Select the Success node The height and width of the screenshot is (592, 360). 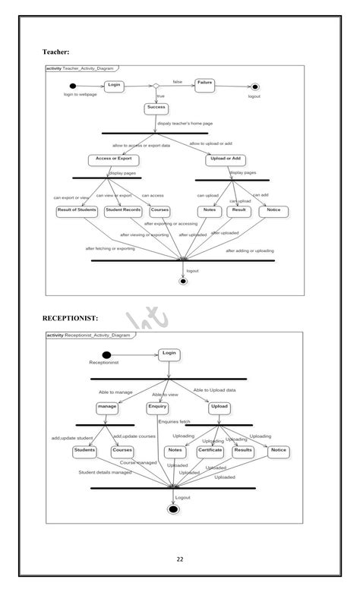click(x=156, y=108)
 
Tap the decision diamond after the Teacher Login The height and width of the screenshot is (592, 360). click(x=156, y=86)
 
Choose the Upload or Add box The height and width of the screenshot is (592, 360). click(x=226, y=159)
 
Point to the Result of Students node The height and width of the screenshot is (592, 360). click(x=77, y=210)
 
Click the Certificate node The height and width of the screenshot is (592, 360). click(x=210, y=450)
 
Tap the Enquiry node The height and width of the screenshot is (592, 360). click(x=157, y=407)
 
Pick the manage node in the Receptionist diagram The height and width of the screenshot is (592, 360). click(x=107, y=407)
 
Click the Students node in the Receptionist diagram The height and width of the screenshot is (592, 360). click(x=84, y=450)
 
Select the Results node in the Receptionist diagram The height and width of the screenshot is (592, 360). click(x=243, y=450)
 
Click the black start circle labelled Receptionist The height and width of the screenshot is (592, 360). click(x=106, y=355)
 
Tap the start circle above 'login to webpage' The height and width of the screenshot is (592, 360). click(x=72, y=86)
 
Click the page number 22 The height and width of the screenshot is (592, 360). click(x=180, y=559)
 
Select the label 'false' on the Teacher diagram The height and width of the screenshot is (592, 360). click(x=177, y=81)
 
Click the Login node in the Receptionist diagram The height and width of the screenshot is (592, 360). click(x=169, y=354)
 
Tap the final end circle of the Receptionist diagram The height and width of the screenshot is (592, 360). click(x=173, y=509)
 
